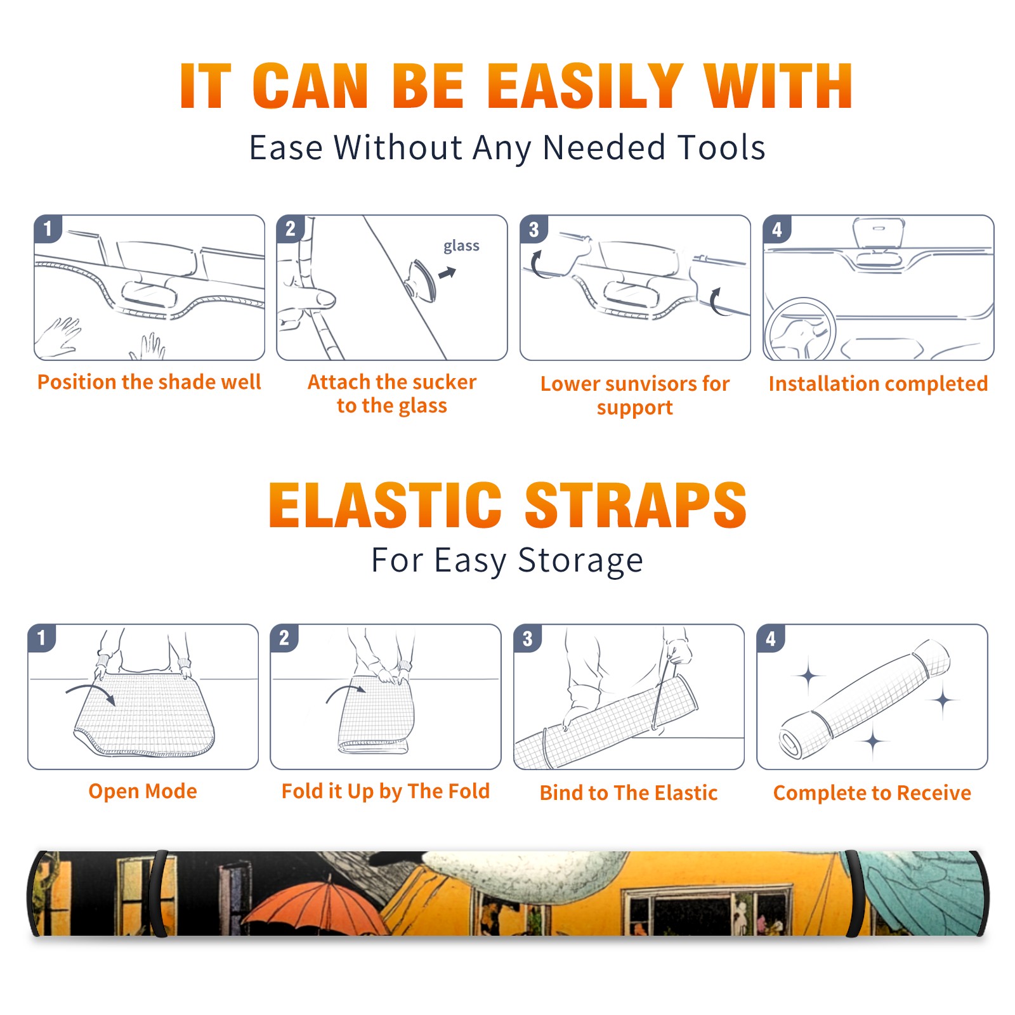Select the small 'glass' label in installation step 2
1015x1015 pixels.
click(461, 246)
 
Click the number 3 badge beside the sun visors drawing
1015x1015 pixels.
click(534, 229)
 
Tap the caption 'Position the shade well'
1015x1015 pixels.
click(149, 382)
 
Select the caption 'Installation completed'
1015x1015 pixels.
click(878, 384)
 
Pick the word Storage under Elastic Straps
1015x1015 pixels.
click(580, 561)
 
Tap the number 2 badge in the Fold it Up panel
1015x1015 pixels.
click(284, 638)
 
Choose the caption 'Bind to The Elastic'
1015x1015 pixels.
click(629, 793)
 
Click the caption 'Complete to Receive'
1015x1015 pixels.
click(872, 793)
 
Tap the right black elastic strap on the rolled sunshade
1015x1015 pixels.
click(855, 893)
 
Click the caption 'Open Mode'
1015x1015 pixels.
click(143, 791)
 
